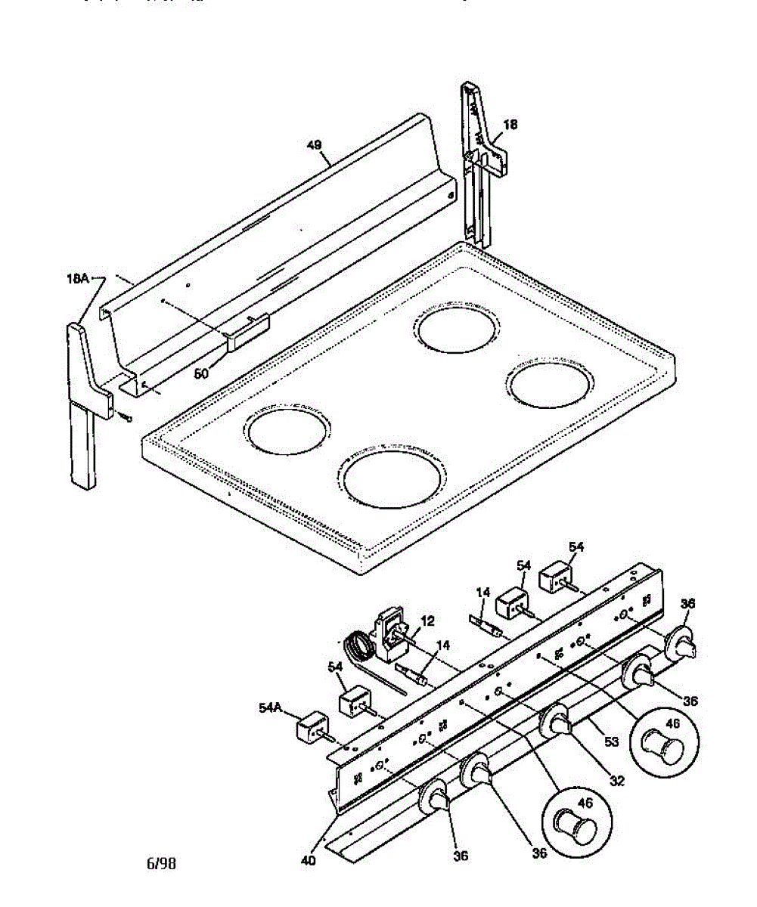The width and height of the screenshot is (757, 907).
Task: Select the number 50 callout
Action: [x=201, y=373]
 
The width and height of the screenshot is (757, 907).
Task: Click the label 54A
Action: [x=271, y=707]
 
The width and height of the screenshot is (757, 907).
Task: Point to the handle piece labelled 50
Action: [x=247, y=331]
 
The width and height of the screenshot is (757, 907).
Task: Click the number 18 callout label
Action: [x=510, y=125]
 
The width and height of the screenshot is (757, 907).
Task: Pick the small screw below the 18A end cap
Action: [x=126, y=416]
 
